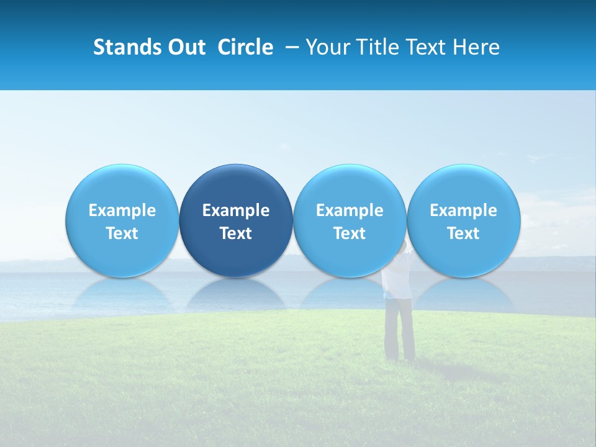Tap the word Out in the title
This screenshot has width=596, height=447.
click(186, 47)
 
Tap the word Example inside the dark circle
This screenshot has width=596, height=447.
click(236, 210)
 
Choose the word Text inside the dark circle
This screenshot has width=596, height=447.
click(236, 233)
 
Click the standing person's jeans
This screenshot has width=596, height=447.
click(399, 329)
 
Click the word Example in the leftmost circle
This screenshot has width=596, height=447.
click(122, 210)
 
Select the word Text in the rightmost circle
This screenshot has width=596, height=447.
click(464, 233)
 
